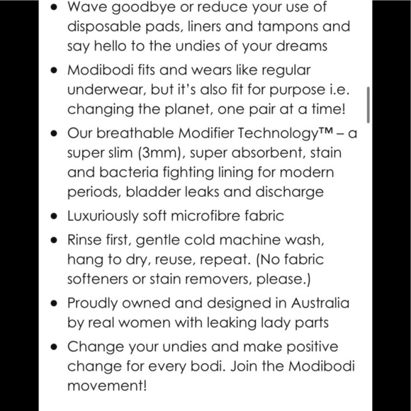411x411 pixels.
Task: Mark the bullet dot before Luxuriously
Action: (53, 215)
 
